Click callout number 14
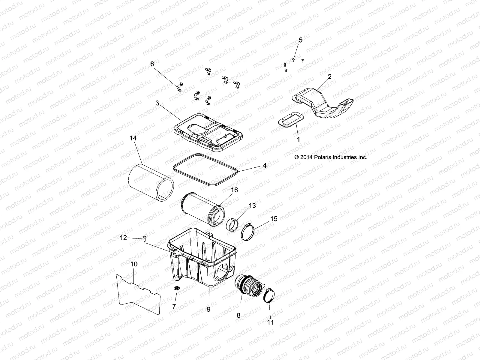pyautogui.click(x=133, y=138)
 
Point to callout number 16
pyautogui.click(x=234, y=190)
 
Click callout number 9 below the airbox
pyautogui.click(x=208, y=309)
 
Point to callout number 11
pyautogui.click(x=270, y=322)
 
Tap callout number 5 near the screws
pyautogui.click(x=300, y=40)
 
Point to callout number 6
pyautogui.click(x=152, y=64)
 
